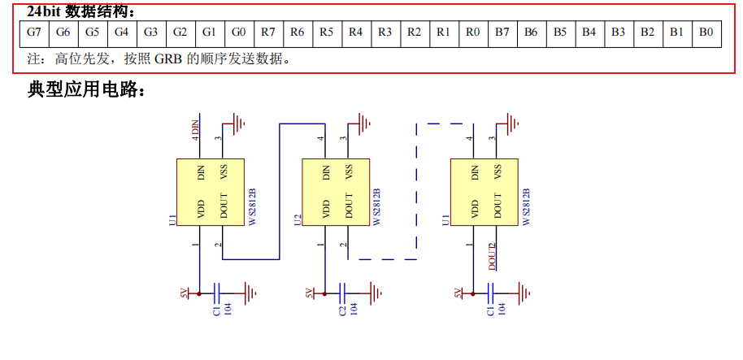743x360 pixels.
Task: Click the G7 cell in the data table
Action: tap(33, 33)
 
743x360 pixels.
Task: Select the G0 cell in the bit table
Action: tap(238, 33)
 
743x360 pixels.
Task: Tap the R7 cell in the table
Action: tap(267, 33)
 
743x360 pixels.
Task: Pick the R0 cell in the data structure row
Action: tap(472, 33)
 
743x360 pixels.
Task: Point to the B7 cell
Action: tap(502, 33)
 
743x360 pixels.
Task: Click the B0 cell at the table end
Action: tap(706, 33)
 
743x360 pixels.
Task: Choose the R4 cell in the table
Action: tap(355, 33)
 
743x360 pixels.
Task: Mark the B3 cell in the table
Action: tap(618, 33)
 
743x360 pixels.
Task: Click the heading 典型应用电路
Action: tap(87, 90)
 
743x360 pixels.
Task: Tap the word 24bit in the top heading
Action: tap(43, 11)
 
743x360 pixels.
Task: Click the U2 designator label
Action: tap(298, 220)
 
